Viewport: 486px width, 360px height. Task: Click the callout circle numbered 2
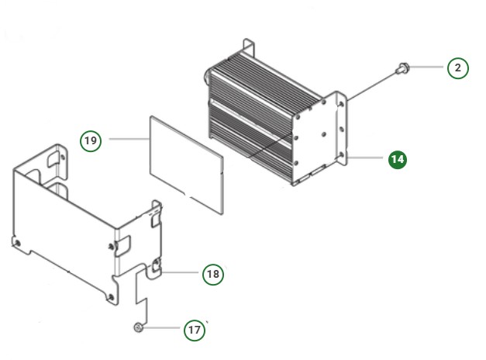[x=457, y=68]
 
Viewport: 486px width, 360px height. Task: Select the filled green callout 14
[x=397, y=159]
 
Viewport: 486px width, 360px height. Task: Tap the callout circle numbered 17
[x=194, y=330]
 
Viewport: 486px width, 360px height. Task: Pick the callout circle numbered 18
[x=212, y=274]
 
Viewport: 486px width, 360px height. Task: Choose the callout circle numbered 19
[x=91, y=140]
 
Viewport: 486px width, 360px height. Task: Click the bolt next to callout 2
[x=402, y=69]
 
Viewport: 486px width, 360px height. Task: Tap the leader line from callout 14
[x=368, y=158]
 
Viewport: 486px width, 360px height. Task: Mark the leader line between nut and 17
[x=162, y=330]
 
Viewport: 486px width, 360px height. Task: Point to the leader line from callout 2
[x=429, y=68]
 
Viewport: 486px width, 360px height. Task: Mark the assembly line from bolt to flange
[x=372, y=85]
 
